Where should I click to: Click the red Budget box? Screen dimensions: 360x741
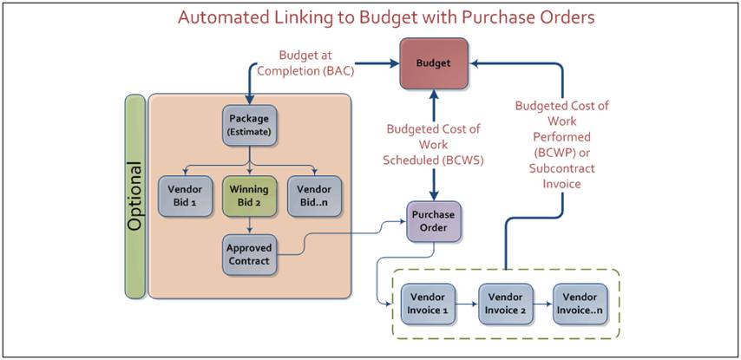point(434,63)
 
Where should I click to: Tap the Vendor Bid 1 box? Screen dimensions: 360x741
point(183,196)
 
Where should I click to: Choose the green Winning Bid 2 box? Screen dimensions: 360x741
point(250,196)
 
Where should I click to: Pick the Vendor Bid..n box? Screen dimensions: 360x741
point(315,196)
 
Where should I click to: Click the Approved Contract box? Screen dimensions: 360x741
point(250,254)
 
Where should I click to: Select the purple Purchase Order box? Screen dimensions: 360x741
point(433,221)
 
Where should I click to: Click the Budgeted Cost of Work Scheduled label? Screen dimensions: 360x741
point(435,145)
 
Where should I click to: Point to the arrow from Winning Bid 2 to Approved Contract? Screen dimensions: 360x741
point(250,226)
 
